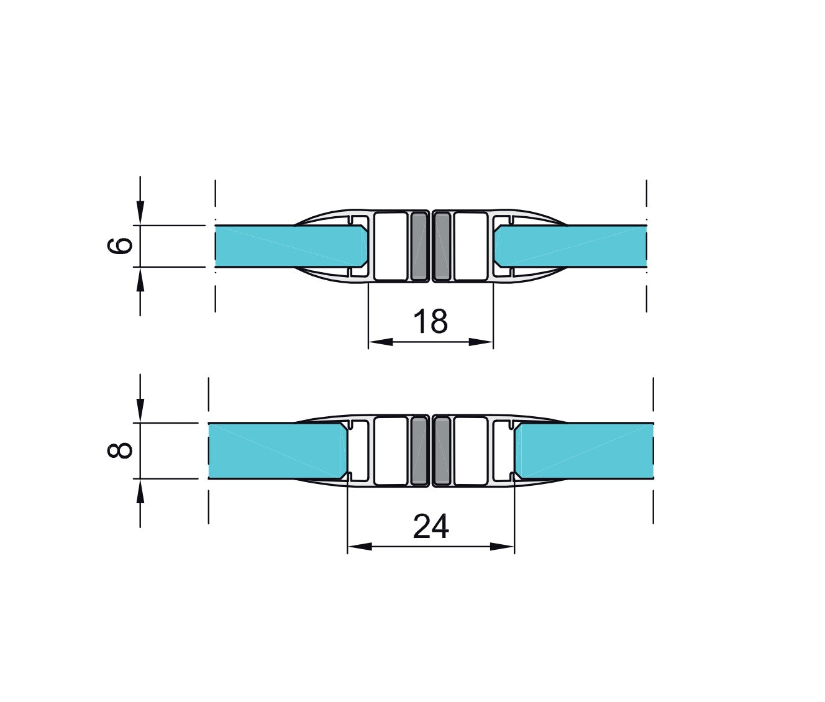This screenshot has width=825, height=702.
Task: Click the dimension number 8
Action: [121, 450]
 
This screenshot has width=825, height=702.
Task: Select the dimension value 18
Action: [430, 321]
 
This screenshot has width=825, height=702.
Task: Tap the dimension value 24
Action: [431, 527]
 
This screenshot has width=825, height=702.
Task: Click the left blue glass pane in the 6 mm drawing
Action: [286, 246]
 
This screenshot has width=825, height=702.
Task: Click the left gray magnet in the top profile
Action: [421, 245]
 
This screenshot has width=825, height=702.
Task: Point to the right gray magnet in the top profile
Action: [442, 245]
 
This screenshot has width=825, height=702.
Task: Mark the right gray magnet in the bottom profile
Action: [442, 450]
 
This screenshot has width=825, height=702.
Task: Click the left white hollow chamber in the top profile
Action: [391, 245]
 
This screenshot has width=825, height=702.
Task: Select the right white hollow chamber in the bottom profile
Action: [470, 450]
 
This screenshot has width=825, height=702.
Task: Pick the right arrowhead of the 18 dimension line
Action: [481, 342]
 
